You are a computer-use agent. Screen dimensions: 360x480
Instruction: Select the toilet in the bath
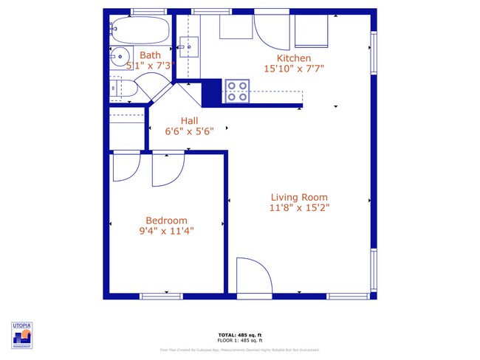click(123, 89)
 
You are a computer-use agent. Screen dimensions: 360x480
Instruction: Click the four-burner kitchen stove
click(237, 91)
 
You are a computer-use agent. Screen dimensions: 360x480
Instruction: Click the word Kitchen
click(293, 58)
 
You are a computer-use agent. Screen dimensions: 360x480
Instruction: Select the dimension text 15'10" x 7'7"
click(293, 69)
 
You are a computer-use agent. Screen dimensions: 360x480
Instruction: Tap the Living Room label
click(298, 197)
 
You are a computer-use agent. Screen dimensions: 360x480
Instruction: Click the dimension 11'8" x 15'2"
click(298, 208)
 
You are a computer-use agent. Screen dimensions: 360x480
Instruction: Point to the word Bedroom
click(166, 220)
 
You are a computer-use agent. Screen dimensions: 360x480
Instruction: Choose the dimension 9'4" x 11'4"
click(166, 231)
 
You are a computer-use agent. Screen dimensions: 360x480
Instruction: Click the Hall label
click(189, 121)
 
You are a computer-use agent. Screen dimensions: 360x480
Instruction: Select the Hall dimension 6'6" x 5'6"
click(189, 132)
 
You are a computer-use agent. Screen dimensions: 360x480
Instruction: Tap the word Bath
click(150, 55)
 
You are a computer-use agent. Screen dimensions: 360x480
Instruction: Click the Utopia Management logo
click(21, 335)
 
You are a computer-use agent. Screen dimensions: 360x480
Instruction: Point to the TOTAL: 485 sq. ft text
click(240, 334)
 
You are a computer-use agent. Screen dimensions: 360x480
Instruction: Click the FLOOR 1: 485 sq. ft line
click(240, 340)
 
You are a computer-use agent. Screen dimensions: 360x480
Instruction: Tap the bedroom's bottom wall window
click(161, 296)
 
